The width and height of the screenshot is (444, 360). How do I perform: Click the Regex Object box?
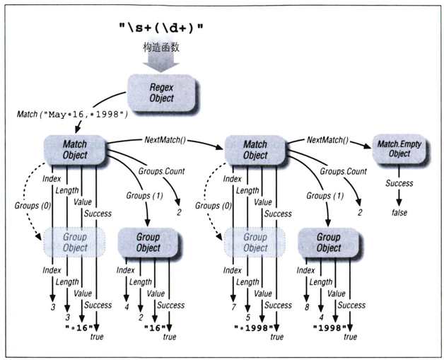coord(162,93)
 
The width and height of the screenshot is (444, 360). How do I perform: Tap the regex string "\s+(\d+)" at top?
coord(160,28)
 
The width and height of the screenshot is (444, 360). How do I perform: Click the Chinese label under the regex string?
coord(160,47)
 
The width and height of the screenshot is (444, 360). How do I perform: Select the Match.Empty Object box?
coord(399,149)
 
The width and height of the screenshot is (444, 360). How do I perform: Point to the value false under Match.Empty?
coord(399,212)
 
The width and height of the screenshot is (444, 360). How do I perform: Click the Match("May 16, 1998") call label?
coord(73,115)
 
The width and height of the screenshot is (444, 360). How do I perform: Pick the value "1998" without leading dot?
coord(329,328)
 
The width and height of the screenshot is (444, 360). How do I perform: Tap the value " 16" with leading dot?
coord(79,328)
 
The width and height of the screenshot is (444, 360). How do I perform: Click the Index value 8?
coord(307,307)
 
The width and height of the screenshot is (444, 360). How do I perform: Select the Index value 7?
coord(233,307)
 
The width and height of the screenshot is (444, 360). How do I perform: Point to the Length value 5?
coord(248,318)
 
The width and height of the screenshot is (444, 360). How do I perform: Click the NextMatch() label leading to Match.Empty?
coord(327,140)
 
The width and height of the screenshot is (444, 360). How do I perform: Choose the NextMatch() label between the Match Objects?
coord(165,140)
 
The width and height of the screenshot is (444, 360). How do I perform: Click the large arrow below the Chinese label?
coord(160,63)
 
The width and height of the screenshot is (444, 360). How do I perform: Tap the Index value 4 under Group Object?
coord(127,307)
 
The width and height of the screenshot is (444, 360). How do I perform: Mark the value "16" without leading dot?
coord(155,328)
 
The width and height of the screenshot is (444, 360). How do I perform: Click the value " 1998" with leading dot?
coord(254,328)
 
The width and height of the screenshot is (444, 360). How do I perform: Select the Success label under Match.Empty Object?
coord(399,183)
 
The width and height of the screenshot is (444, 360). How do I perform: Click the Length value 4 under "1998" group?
coord(322,318)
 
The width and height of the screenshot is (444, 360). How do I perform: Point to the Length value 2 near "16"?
coord(141,318)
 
